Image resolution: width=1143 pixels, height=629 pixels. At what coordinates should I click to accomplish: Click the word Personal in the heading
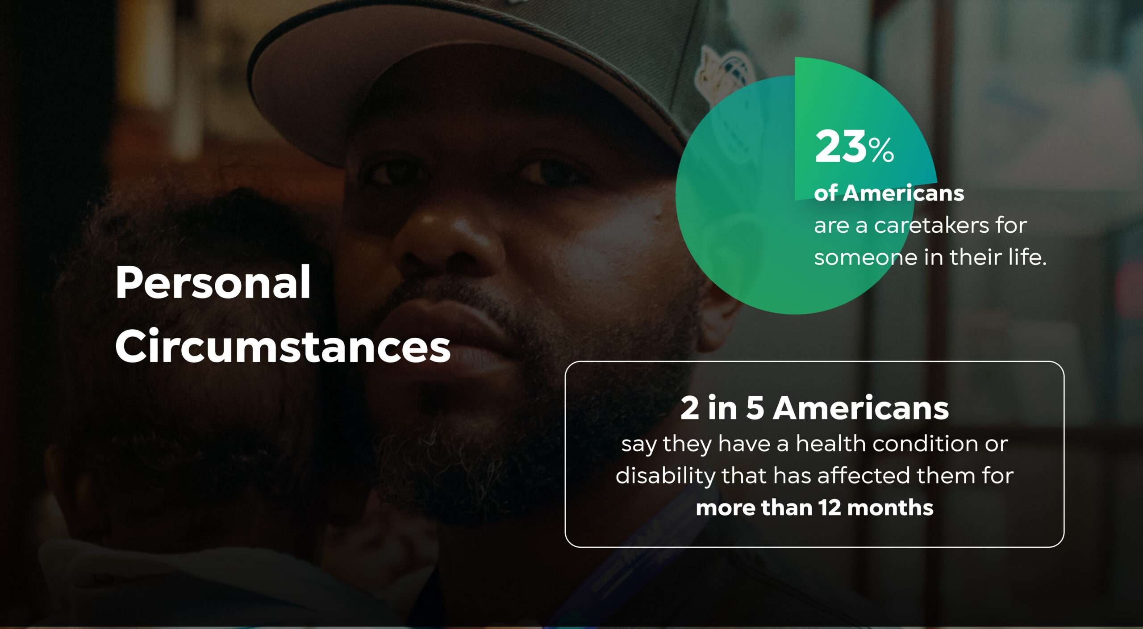(x=213, y=282)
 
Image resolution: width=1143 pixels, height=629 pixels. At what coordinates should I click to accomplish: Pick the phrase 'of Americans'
(x=889, y=193)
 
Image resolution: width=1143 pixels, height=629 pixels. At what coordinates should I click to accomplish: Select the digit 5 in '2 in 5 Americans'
(x=755, y=408)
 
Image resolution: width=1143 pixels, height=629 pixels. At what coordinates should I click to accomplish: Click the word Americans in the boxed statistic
(x=861, y=408)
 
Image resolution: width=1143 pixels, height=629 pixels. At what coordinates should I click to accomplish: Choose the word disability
(x=665, y=476)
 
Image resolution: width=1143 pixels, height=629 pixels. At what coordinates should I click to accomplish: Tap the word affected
(x=864, y=475)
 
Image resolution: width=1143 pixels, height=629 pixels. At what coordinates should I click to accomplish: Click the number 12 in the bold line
(x=829, y=508)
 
